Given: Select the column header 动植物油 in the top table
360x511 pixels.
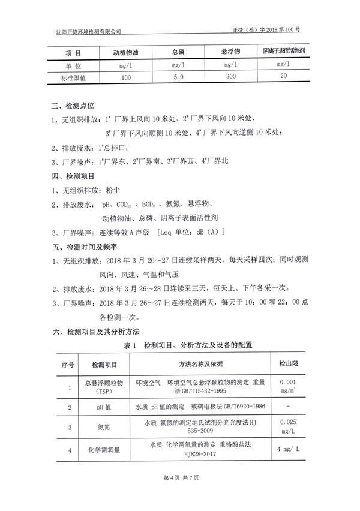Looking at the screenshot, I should (x=125, y=52).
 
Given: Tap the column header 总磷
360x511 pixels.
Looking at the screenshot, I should (x=178, y=52).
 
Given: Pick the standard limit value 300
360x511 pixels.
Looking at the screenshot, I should (x=230, y=77).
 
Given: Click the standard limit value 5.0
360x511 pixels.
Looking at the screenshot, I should (x=178, y=77).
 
